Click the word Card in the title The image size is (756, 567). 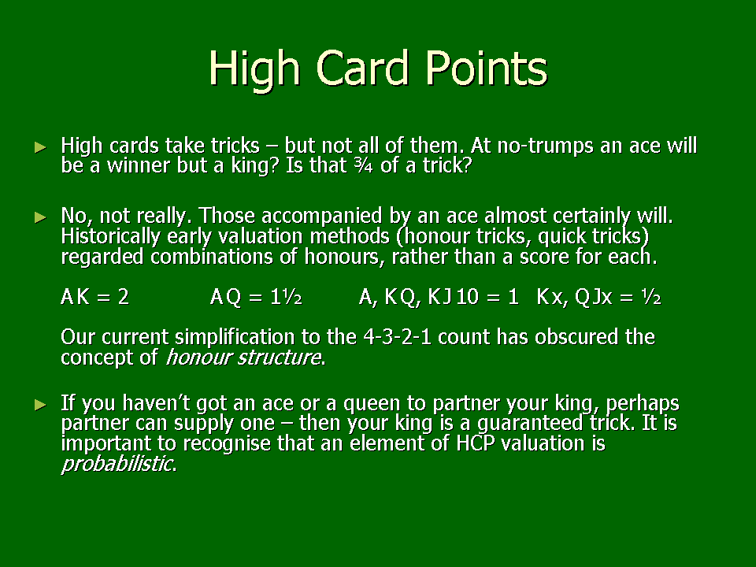coord(362,68)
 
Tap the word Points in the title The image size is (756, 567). coord(487,68)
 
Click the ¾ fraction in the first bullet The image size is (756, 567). coord(362,165)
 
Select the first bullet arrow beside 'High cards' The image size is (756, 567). coord(41,147)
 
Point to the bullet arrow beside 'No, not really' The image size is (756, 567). coord(41,217)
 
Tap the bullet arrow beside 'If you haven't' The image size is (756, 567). coord(41,405)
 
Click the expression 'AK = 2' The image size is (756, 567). coord(95,297)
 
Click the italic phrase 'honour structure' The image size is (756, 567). coord(243,358)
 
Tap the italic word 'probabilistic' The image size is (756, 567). coord(117,464)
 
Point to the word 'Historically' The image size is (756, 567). coord(110,236)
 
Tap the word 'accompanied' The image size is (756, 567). coord(322,217)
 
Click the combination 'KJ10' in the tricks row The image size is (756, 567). coord(454,297)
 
